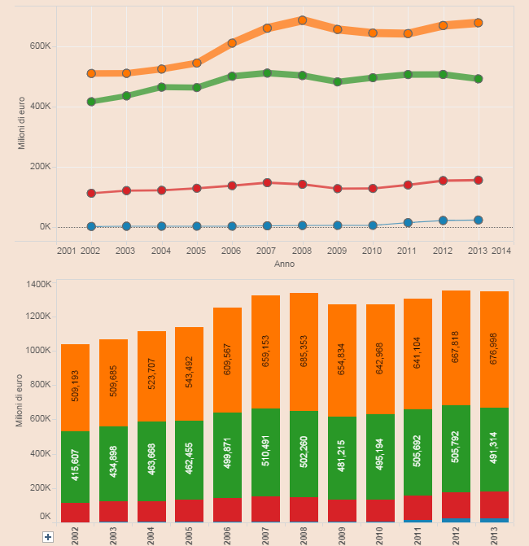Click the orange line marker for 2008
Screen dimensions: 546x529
302,20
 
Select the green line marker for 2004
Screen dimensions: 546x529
161,87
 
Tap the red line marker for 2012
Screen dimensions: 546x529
443,181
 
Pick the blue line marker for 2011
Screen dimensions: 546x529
408,222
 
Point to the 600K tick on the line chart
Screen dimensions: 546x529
40,46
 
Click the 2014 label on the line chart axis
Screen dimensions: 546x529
501,251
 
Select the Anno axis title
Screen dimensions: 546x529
284,264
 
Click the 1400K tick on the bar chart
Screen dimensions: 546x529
38,284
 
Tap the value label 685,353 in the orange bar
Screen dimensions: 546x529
304,352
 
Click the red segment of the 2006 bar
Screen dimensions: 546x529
227,509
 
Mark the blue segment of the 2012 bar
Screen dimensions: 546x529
457,520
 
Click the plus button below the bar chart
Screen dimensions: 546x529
47,537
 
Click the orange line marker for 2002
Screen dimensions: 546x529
91,73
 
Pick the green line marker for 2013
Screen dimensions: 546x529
479,79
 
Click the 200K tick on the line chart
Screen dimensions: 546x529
40,167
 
